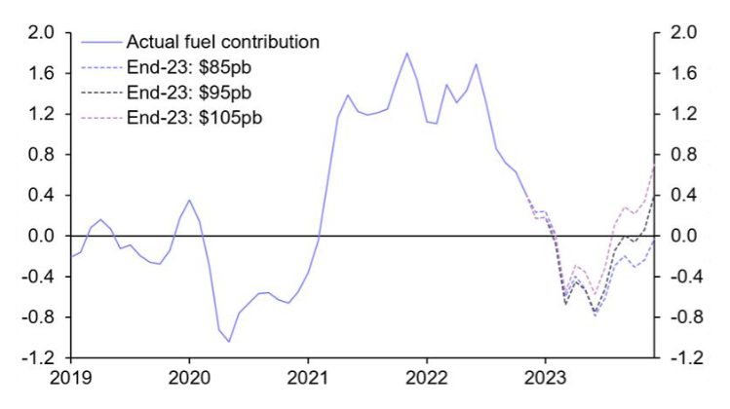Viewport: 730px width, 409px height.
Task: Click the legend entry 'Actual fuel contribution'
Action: (223, 42)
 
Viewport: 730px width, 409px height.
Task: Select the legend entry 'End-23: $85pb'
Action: (187, 67)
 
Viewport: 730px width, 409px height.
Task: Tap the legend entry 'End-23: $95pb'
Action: (187, 93)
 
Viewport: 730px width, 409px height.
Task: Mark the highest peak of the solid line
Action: (406, 53)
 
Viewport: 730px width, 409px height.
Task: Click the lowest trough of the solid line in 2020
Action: (229, 342)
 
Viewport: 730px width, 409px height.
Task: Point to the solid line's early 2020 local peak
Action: (189, 201)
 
